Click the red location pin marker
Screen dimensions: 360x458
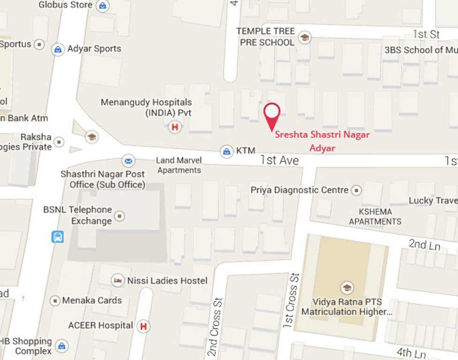pyautogui.click(x=272, y=114)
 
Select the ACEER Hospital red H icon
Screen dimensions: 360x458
pyautogui.click(x=144, y=326)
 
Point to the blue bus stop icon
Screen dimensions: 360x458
pyautogui.click(x=57, y=237)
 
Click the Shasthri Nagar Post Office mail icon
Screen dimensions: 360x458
pyautogui.click(x=128, y=161)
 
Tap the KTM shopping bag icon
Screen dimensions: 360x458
pyautogui.click(x=227, y=151)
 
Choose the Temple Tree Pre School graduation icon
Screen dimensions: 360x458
pyautogui.click(x=305, y=37)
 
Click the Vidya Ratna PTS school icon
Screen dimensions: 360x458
pyautogui.click(x=347, y=287)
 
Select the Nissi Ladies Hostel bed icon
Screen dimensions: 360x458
pyautogui.click(x=118, y=281)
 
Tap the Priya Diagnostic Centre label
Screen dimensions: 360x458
pyautogui.click(x=299, y=190)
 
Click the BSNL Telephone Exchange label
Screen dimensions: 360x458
pyautogui.click(x=77, y=215)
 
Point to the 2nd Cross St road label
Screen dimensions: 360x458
pyautogui.click(x=214, y=326)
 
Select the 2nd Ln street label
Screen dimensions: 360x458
pyautogui.click(x=417, y=244)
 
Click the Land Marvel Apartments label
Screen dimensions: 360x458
pyautogui.click(x=179, y=165)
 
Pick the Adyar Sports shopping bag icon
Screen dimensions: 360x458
pyautogui.click(x=58, y=49)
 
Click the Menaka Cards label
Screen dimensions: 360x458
pyautogui.click(x=92, y=300)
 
